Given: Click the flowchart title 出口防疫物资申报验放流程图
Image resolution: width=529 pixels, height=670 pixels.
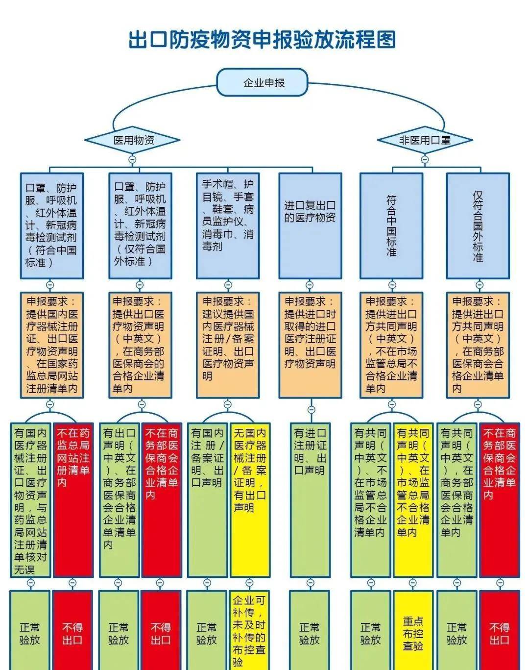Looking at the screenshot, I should pos(262,40).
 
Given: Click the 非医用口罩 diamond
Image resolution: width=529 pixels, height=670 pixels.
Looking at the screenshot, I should pos(424,140).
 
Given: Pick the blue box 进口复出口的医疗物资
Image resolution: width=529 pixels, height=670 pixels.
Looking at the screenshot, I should pos(310,225).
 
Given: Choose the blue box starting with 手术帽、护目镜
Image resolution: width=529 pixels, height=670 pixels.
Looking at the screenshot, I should pos(228,225).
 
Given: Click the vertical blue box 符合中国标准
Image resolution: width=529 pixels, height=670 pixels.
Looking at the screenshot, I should pos(391,225).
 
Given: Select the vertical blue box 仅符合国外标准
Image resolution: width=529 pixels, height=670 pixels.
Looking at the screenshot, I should pos(478,225).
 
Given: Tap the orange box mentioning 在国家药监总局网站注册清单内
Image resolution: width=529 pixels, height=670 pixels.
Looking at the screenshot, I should pos(51,345).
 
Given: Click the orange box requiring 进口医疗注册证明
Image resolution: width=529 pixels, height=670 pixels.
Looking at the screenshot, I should pos(310,345).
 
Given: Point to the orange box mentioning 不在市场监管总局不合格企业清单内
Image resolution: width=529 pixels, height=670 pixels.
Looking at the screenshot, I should pos(391,345).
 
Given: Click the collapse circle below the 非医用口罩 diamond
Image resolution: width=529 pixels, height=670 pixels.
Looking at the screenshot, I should pos(424,159).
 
